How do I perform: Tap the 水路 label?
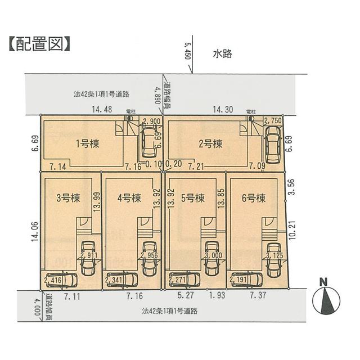pyautogui.click(x=223, y=54)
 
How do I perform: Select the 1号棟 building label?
pyautogui.click(x=87, y=143)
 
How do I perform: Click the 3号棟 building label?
pyautogui.click(x=67, y=198)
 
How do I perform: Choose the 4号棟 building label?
pyautogui.click(x=128, y=198)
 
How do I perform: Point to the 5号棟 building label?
pyautogui.click(x=192, y=198)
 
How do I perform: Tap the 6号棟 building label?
pyautogui.click(x=253, y=198)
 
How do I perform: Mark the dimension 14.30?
pyautogui.click(x=222, y=110)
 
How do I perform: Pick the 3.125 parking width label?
pyautogui.click(x=274, y=255)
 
